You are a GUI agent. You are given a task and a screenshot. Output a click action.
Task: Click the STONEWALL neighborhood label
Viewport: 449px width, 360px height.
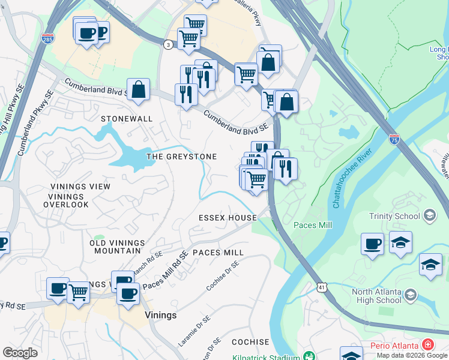[x=127, y=119]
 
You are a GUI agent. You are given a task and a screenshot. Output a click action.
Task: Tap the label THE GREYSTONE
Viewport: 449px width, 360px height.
[x=182, y=157]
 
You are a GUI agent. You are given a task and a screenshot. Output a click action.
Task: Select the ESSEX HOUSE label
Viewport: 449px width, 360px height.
[x=228, y=218]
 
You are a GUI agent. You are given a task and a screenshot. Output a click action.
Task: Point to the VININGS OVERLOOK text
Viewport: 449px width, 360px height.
[x=66, y=205]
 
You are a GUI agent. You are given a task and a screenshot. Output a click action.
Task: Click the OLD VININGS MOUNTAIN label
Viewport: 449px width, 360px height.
[x=118, y=247]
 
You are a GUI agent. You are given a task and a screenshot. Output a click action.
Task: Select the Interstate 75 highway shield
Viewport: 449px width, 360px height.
[x=394, y=139]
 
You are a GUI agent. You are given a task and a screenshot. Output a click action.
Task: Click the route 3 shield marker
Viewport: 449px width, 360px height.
[x=169, y=44]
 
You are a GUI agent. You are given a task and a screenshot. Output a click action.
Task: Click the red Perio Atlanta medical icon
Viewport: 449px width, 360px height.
[x=427, y=344]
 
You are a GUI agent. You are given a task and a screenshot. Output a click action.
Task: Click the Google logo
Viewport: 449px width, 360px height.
[x=20, y=353]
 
